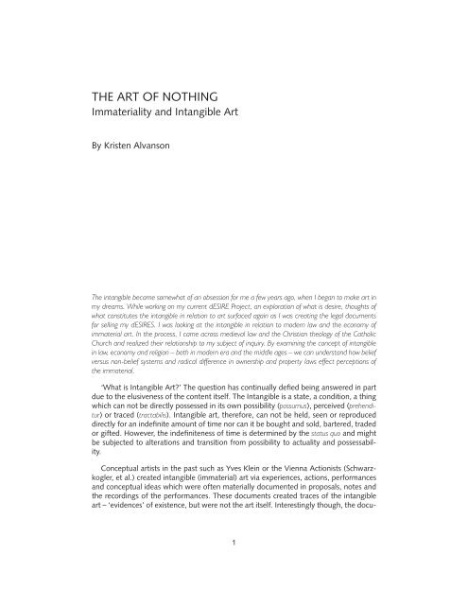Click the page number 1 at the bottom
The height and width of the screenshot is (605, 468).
(x=234, y=571)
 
